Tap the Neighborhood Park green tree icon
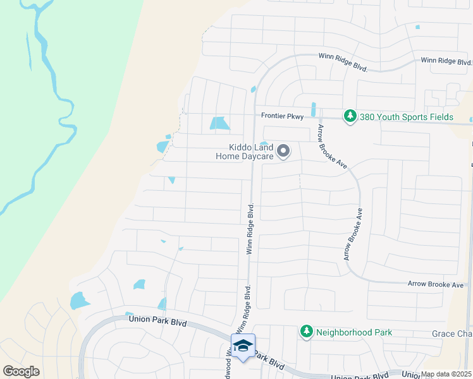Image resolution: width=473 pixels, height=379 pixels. (x=307, y=332)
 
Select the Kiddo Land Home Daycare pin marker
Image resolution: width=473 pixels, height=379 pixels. (x=283, y=151)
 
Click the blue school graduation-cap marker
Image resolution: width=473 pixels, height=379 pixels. (x=243, y=346)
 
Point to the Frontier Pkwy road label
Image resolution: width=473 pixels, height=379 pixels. (x=283, y=116)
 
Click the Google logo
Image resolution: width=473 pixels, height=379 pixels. (x=21, y=371)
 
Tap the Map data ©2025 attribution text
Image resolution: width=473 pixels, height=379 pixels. (x=446, y=374)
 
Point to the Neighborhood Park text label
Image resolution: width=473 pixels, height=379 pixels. (x=354, y=332)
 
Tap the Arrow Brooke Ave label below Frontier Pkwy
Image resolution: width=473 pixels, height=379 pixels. (x=333, y=146)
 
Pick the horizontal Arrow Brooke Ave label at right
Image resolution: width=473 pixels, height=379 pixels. (x=436, y=285)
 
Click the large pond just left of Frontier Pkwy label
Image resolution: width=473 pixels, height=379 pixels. (x=219, y=123)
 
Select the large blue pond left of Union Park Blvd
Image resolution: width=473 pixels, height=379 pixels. (x=78, y=301)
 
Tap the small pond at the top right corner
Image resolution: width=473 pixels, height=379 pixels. (x=417, y=27)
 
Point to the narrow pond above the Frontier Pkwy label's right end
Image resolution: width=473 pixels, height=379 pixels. (x=313, y=109)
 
